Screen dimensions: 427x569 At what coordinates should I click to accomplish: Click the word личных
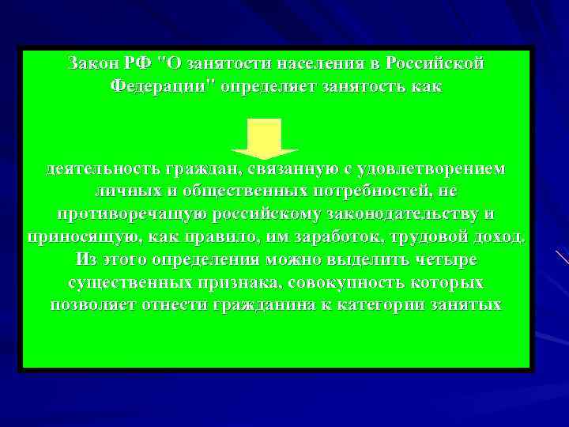(126, 192)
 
